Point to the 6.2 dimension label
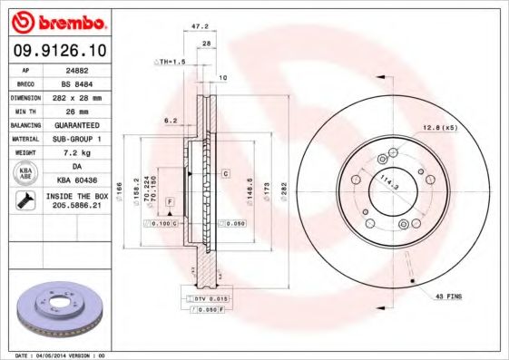tap(170, 121)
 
